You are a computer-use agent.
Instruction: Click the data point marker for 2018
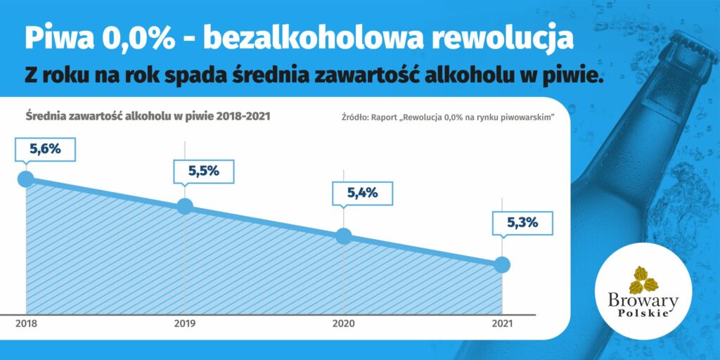pos(26,179)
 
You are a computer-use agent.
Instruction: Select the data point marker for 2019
pos(185,206)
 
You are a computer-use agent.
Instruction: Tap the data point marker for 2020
pos(343,236)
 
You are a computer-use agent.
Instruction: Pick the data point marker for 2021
pos(502,265)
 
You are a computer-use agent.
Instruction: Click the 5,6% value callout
pos(45,150)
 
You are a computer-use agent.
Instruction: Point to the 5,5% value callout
pos(203,172)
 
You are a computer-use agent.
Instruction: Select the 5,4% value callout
pos(362,193)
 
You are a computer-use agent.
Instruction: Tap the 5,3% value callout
pos(522,223)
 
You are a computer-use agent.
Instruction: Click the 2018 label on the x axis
pos(26,324)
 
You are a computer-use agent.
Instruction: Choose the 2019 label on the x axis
pos(185,324)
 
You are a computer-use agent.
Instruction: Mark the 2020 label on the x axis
pos(343,324)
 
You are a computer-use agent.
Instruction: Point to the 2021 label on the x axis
pos(502,324)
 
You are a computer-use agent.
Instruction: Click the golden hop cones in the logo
pos(643,280)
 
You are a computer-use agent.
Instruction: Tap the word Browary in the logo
pos(643,302)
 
